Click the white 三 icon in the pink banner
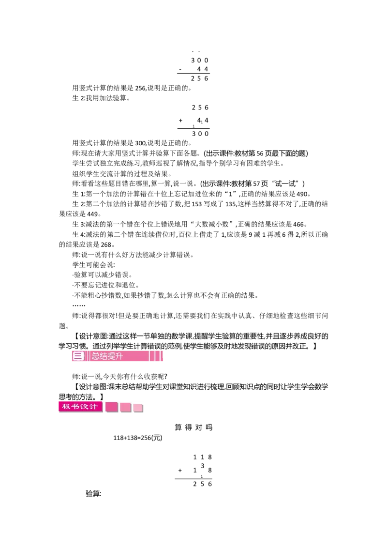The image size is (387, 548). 78,356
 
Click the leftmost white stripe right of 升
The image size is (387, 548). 149,356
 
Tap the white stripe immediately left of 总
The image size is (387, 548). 89,356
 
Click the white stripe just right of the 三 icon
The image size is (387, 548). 86,356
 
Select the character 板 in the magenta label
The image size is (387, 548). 65,407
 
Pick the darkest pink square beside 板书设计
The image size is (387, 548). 112,407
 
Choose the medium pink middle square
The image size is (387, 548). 125,408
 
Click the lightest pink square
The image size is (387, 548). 138,408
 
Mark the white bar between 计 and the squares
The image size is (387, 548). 104,407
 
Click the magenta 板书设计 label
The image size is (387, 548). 80,407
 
